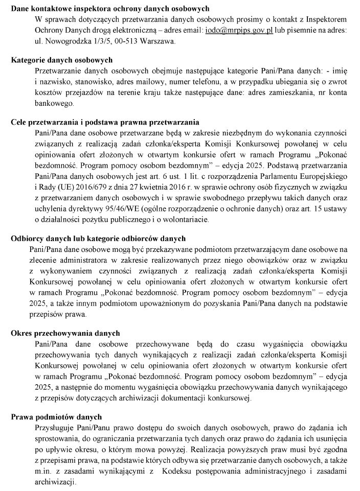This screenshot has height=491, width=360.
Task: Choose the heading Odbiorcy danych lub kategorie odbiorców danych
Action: [98, 239]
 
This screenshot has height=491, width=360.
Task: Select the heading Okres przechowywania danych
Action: [65, 333]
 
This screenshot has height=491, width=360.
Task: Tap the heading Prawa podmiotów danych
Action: [56, 417]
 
